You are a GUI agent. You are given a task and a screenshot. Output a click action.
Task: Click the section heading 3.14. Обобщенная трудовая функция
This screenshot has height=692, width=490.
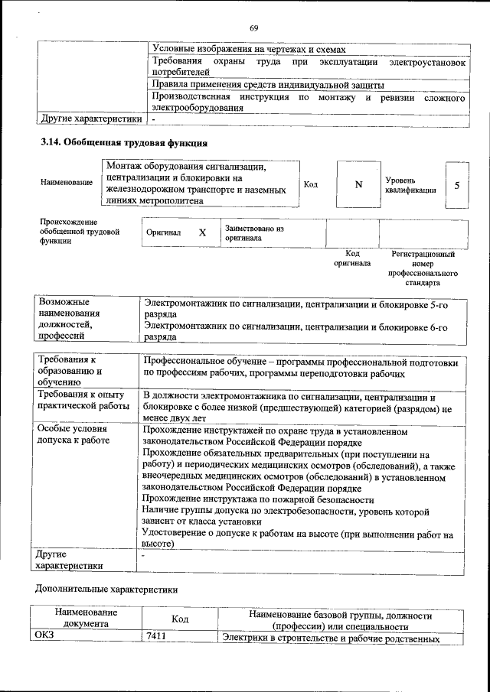pyautogui.click(x=124, y=142)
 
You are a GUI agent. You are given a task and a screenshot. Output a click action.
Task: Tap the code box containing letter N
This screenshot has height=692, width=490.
pyautogui.click(x=358, y=184)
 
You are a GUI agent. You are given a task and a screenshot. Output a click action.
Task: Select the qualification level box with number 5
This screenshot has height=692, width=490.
pyautogui.click(x=456, y=184)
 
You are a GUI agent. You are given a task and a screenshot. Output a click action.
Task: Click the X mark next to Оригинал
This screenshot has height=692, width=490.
pyautogui.click(x=202, y=232)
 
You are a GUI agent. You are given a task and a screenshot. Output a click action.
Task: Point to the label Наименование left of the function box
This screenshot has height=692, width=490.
pyautogui.click(x=67, y=183)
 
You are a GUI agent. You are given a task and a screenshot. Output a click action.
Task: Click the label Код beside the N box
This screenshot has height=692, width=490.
pyautogui.click(x=311, y=184)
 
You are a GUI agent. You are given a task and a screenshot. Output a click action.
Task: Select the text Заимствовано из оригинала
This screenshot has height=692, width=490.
pyautogui.click(x=254, y=232)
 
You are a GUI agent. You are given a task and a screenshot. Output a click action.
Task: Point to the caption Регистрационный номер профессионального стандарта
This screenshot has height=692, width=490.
pyautogui.click(x=423, y=268)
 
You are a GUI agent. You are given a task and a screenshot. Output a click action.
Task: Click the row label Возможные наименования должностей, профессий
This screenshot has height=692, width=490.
pyautogui.click(x=70, y=317)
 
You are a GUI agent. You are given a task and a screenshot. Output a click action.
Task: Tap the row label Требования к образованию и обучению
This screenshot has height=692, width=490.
pyautogui.click(x=70, y=370)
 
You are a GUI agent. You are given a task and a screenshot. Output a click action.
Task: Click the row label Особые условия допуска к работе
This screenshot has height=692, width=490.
pyautogui.click(x=73, y=436)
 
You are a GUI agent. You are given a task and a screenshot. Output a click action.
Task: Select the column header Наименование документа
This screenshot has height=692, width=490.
pyautogui.click(x=86, y=618)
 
